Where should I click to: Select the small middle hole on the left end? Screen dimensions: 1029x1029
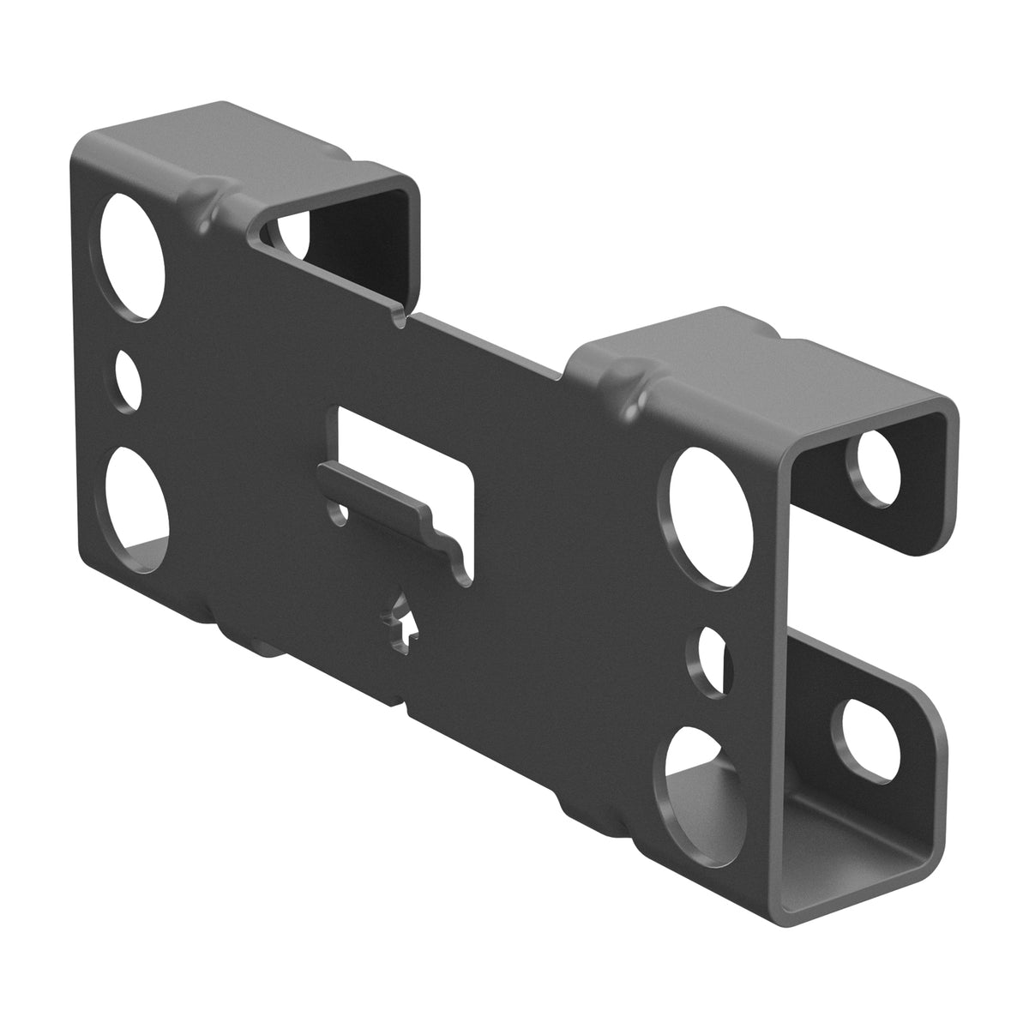(131, 378)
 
